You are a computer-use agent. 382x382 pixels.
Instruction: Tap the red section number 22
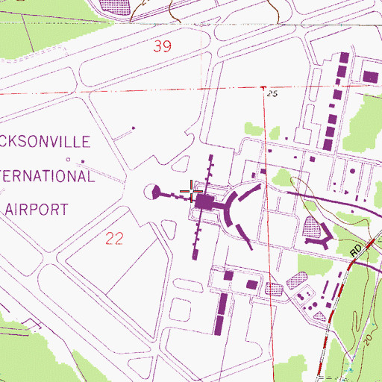coord(113,238)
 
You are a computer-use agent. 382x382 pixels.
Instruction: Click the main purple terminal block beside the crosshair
coord(205,201)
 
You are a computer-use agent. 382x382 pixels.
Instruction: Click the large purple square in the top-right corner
coord(369,75)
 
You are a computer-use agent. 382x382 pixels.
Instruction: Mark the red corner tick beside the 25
coord(263,89)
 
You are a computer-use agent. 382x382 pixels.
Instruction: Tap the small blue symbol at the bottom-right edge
coord(351,369)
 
